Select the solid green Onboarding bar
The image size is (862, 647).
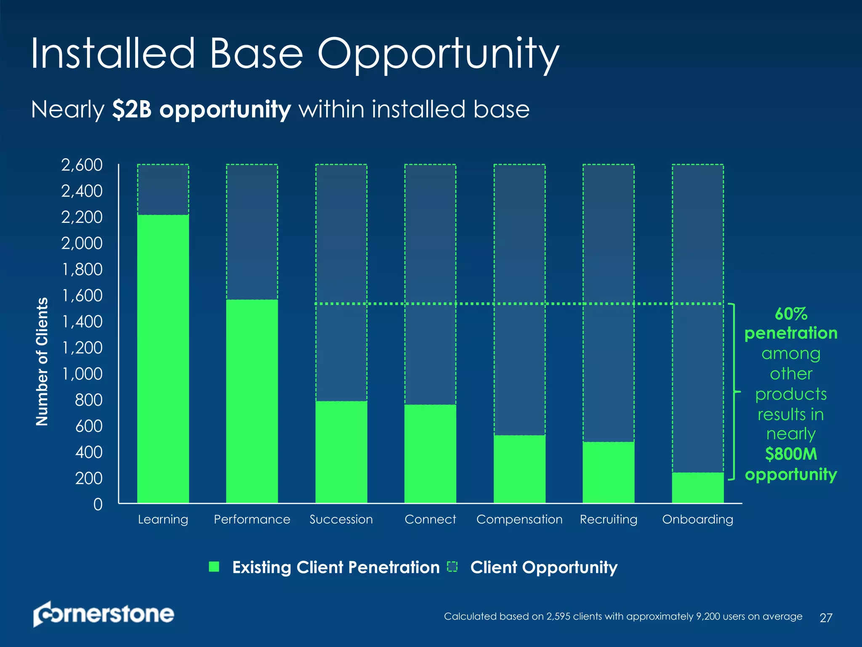pyautogui.click(x=697, y=488)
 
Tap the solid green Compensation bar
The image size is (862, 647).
pyautogui.click(x=519, y=469)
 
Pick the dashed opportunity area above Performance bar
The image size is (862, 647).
pyautogui.click(x=252, y=232)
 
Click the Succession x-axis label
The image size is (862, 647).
pyautogui.click(x=341, y=519)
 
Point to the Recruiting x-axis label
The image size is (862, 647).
pyautogui.click(x=608, y=519)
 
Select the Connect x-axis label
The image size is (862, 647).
pyautogui.click(x=430, y=519)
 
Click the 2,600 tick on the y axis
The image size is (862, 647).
pyautogui.click(x=82, y=165)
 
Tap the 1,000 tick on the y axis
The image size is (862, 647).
pyautogui.click(x=82, y=374)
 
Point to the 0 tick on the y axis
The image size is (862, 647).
pyautogui.click(x=98, y=504)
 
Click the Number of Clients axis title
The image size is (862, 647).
pyautogui.click(x=42, y=361)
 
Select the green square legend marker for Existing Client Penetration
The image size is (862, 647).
pyautogui.click(x=214, y=567)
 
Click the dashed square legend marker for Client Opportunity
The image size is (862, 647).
pyautogui.click(x=452, y=567)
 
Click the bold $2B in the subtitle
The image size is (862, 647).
pyautogui.click(x=132, y=110)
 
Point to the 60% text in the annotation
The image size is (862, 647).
pyautogui.click(x=790, y=314)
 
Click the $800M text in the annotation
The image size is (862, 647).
pyautogui.click(x=790, y=454)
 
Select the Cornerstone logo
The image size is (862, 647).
pyautogui.click(x=104, y=614)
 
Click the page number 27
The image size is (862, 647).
pyautogui.click(x=826, y=618)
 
